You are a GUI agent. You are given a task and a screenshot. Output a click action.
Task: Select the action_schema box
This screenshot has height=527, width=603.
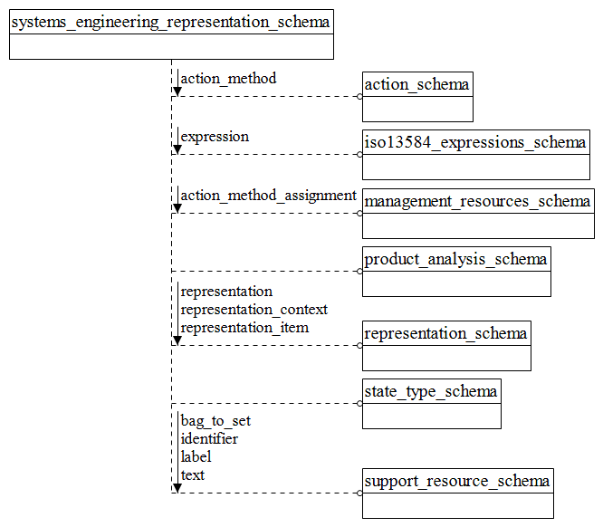(x=417, y=96)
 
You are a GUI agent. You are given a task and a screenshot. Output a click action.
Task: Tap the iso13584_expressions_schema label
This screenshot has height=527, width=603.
(x=475, y=142)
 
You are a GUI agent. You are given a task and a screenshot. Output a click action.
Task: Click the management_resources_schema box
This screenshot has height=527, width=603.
(x=478, y=213)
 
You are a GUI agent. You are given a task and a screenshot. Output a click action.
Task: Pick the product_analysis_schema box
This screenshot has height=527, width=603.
(x=456, y=271)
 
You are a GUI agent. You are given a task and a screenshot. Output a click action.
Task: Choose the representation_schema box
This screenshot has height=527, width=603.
(x=446, y=345)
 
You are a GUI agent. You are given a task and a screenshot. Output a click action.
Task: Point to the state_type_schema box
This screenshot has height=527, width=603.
(x=431, y=403)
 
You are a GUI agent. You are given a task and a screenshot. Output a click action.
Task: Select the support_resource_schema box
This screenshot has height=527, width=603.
(x=457, y=493)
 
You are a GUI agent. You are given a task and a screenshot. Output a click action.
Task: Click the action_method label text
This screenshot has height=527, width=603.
(x=228, y=79)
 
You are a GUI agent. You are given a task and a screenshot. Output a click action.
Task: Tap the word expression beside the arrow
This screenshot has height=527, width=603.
(x=215, y=137)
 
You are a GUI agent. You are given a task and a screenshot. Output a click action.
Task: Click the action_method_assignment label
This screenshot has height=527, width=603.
(x=268, y=196)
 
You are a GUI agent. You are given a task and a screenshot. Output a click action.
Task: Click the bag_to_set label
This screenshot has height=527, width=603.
(x=215, y=421)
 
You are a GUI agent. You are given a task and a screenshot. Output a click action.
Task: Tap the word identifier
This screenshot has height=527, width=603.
(x=209, y=439)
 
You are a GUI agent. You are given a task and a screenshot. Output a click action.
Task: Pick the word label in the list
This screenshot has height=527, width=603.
(x=196, y=457)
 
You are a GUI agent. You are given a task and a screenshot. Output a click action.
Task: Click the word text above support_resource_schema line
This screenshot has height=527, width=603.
(x=193, y=475)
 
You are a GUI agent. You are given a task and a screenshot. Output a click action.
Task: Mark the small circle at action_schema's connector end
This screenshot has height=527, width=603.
(x=359, y=96)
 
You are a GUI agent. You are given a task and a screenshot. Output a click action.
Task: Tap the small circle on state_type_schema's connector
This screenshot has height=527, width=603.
(x=359, y=404)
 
